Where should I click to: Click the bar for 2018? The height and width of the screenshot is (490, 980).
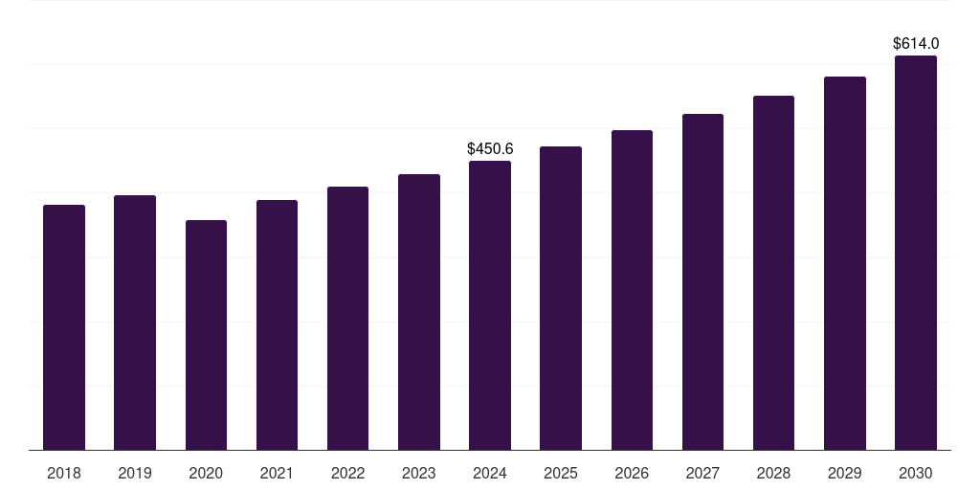(x=64, y=327)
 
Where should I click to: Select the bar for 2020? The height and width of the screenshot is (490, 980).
(x=206, y=335)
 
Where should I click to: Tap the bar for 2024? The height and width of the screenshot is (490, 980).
(x=490, y=305)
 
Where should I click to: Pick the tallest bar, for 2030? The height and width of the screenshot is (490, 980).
(x=915, y=253)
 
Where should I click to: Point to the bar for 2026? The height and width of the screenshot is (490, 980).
(x=632, y=290)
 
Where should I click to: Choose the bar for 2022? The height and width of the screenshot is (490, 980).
(x=347, y=318)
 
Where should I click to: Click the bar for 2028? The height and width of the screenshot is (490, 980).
(x=773, y=273)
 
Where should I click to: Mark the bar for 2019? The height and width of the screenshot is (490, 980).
(x=135, y=323)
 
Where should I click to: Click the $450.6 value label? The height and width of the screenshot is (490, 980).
(x=490, y=148)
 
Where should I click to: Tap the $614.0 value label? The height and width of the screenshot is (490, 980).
(x=915, y=43)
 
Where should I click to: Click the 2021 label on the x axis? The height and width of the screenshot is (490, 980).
(x=277, y=473)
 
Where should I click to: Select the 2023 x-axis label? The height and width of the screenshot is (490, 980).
(x=418, y=473)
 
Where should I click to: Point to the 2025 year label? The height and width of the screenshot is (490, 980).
(x=561, y=473)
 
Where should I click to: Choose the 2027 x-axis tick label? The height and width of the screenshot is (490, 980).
(x=702, y=473)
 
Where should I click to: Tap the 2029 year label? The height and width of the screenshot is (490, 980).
(x=844, y=473)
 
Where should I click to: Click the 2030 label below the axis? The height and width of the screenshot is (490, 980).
(x=915, y=473)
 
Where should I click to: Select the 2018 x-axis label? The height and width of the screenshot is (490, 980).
(x=64, y=473)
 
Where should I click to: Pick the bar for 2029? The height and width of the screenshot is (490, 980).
(x=844, y=263)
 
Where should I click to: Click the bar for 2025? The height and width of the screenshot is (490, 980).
(x=561, y=298)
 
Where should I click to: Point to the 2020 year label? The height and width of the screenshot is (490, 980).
(x=206, y=473)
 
